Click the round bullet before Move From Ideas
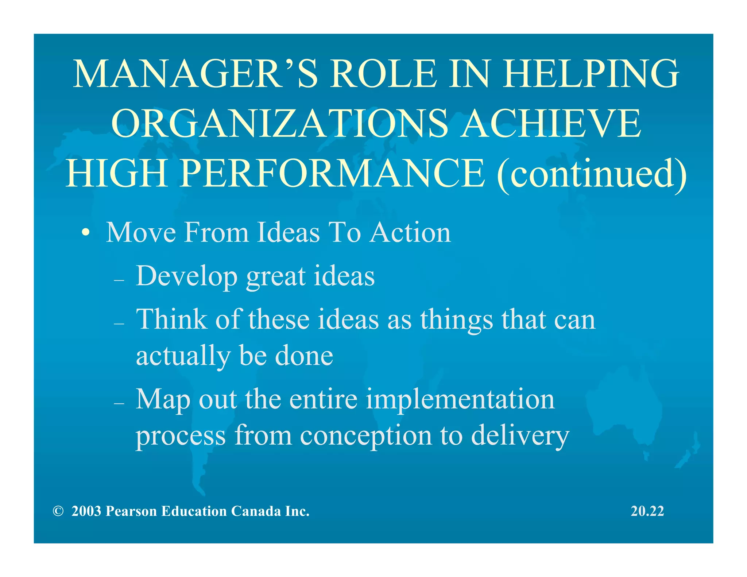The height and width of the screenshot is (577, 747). (85, 232)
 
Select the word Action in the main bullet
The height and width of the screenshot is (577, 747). (410, 232)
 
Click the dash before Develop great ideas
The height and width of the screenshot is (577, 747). (119, 280)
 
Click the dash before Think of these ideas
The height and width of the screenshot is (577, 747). (119, 324)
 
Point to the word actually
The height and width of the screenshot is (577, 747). (183, 356)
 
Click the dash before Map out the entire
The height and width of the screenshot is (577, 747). (119, 403)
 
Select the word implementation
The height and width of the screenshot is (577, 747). (460, 399)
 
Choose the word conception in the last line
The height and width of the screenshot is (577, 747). (366, 435)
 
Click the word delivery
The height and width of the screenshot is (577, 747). (520, 435)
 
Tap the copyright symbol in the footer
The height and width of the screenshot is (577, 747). (58, 511)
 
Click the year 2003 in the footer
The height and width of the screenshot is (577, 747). (86, 511)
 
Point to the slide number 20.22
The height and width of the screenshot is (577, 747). (647, 511)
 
